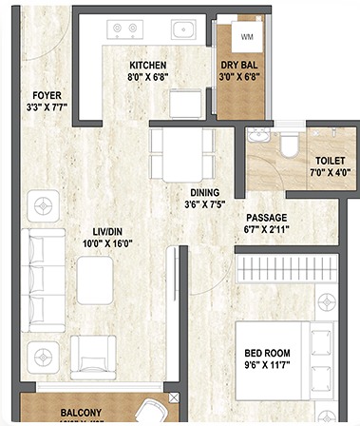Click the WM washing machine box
tap(247, 38)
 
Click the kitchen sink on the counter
tap(183, 29)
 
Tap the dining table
tap(180, 152)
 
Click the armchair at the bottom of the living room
tap(94, 360)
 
